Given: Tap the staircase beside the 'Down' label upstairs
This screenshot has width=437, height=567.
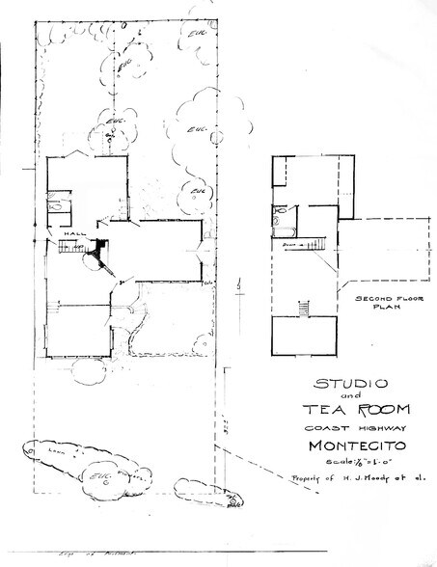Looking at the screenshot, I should (317, 244).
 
